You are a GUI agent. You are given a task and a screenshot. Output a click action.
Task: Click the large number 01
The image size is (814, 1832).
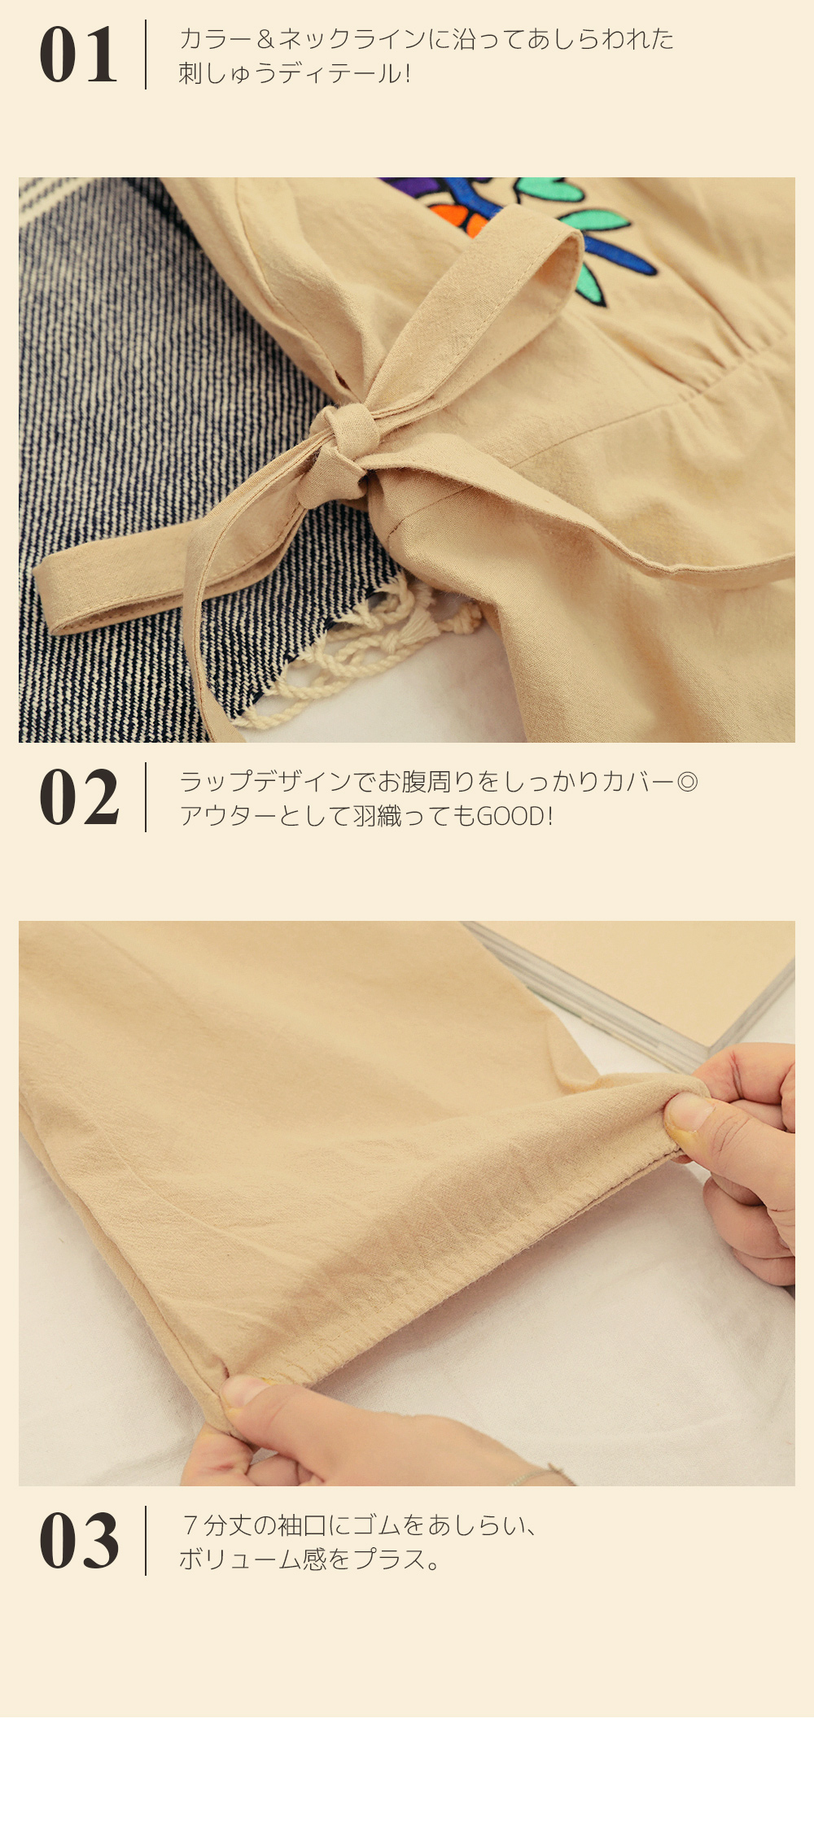(x=78, y=55)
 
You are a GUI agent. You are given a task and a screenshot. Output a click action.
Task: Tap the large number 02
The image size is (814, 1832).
(x=79, y=797)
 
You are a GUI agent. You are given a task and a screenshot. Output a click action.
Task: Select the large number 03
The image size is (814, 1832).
(x=79, y=1541)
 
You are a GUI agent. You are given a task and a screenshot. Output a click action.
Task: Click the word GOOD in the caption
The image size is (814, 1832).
(x=510, y=815)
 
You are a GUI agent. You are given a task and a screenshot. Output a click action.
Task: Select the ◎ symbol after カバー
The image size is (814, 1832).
(x=688, y=782)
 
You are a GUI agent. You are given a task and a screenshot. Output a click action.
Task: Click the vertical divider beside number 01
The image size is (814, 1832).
(x=146, y=55)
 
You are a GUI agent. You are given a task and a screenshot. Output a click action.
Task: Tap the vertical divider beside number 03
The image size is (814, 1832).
(x=146, y=1541)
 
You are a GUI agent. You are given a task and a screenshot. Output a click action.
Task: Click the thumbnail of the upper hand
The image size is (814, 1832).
(x=688, y=1112)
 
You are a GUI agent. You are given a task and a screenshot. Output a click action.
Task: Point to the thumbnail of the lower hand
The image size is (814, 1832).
(x=244, y=1390)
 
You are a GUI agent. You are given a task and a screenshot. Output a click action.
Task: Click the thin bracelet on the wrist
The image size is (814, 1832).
(x=537, y=1473)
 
